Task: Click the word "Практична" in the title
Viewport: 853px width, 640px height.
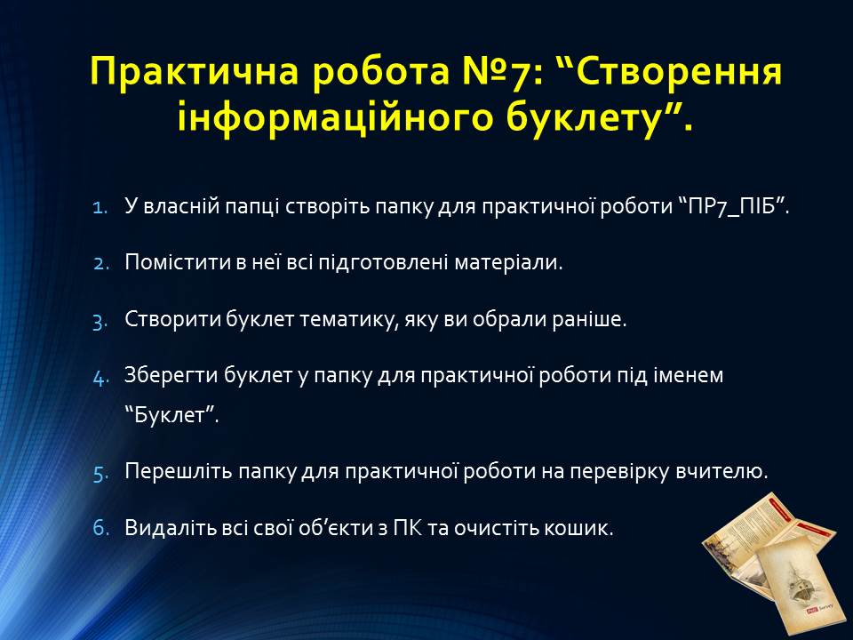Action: (x=195, y=71)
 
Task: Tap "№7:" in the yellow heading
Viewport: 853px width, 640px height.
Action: (x=497, y=71)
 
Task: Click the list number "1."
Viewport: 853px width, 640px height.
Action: (x=100, y=207)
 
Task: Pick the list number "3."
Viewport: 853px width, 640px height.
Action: (x=100, y=321)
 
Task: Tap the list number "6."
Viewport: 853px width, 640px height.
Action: (x=100, y=528)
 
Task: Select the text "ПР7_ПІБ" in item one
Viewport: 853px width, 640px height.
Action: (x=731, y=207)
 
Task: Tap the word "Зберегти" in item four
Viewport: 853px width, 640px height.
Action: (x=169, y=375)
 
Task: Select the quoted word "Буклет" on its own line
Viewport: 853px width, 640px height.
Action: (x=169, y=415)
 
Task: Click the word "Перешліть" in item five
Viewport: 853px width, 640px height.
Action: (x=179, y=471)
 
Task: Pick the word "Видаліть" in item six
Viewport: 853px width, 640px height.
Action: (x=171, y=528)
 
